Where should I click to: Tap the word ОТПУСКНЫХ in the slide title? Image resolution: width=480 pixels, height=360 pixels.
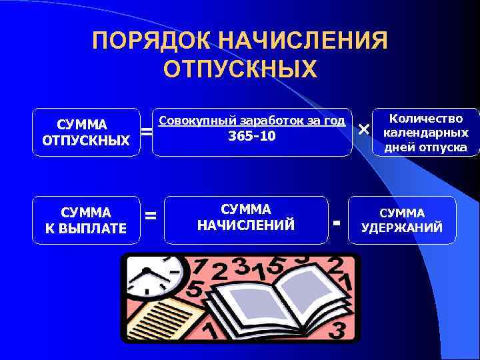pos(240,69)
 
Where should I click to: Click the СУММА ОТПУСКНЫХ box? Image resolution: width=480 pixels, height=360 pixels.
pos(86,132)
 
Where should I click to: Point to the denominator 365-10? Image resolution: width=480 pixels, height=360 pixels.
pos(252,137)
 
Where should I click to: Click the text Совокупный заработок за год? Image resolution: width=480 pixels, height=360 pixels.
pos(252,121)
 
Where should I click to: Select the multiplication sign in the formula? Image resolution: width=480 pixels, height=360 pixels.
pos(363,129)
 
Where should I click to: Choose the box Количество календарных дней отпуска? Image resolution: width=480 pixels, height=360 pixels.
pos(425,133)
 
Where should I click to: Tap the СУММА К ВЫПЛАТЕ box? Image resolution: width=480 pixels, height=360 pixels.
pos(86,221)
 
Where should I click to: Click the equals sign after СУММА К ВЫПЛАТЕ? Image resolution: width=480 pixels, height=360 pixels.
pos(151,215)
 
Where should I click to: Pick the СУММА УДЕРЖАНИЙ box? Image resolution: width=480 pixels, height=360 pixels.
pos(402,221)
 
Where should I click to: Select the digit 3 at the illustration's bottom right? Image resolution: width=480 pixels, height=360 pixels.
pos(339,329)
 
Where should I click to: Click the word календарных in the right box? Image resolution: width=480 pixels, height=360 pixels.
pos(425,133)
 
